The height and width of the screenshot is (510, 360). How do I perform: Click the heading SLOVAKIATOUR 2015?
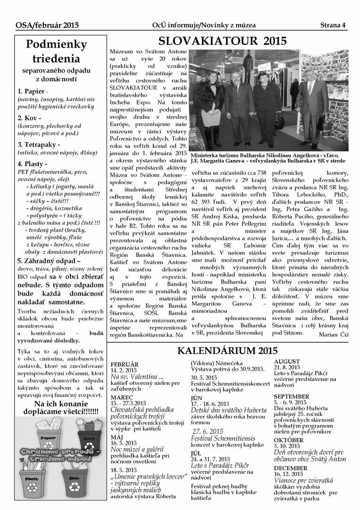click(x=222, y=41)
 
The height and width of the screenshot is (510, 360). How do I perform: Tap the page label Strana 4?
click(x=333, y=25)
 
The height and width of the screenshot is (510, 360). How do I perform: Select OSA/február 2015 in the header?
click(x=47, y=25)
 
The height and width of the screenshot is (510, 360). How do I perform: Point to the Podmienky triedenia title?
click(x=56, y=51)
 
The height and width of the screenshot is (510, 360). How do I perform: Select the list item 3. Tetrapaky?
click(x=39, y=144)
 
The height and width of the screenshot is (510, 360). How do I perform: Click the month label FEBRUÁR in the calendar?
click(x=124, y=364)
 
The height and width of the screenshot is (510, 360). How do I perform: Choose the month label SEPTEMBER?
click(x=291, y=396)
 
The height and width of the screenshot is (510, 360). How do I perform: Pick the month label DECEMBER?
click(x=290, y=468)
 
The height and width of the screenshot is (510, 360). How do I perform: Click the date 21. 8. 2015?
click(x=287, y=367)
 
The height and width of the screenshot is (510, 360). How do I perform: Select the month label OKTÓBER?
click(x=288, y=440)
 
